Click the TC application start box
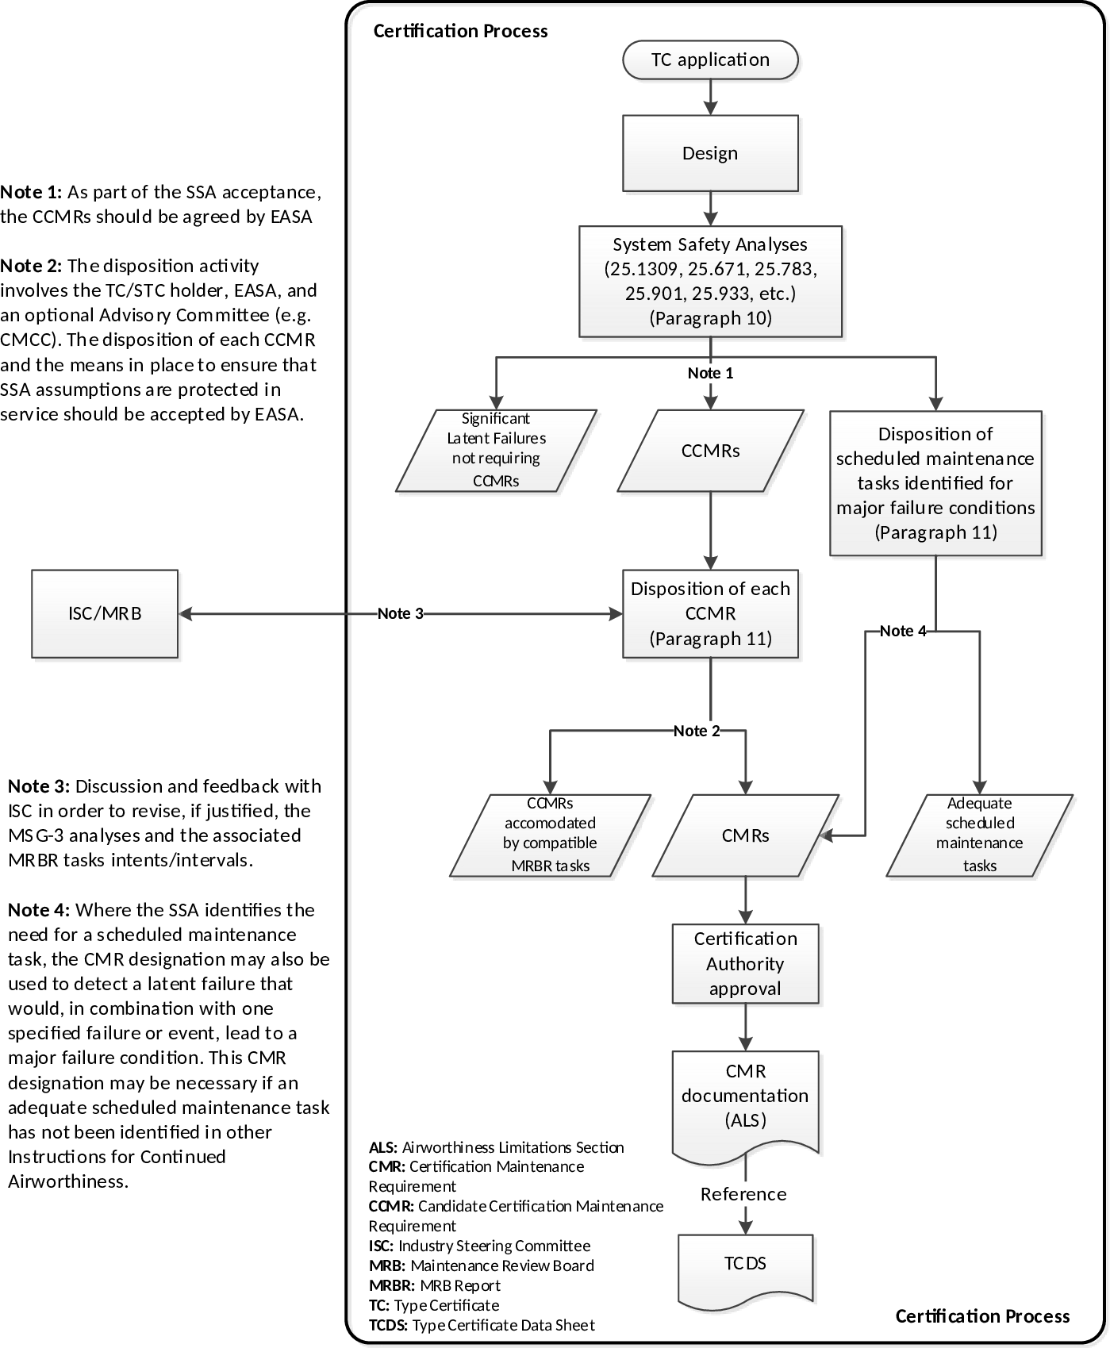pyautogui.click(x=710, y=60)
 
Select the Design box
pyautogui.click(x=710, y=153)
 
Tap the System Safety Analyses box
pyautogui.click(x=710, y=282)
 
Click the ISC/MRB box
pyautogui.click(x=105, y=613)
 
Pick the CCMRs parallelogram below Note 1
pyautogui.click(x=710, y=451)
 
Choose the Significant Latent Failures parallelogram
pyautogui.click(x=496, y=450)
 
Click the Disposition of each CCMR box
pyautogui.click(x=710, y=613)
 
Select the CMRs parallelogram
pyautogui.click(x=745, y=835)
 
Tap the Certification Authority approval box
pyautogui.click(x=745, y=963)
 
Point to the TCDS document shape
pyautogui.click(x=745, y=1266)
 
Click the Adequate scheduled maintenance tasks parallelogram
pyautogui.click(x=979, y=835)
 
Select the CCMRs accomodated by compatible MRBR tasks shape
pyautogui.click(x=550, y=835)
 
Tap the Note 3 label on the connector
pyautogui.click(x=401, y=613)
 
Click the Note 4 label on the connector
pyautogui.click(x=903, y=631)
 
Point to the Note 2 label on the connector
pyautogui.click(x=697, y=731)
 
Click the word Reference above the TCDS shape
pyautogui.click(x=743, y=1194)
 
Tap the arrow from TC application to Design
pyautogui.click(x=710, y=98)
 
